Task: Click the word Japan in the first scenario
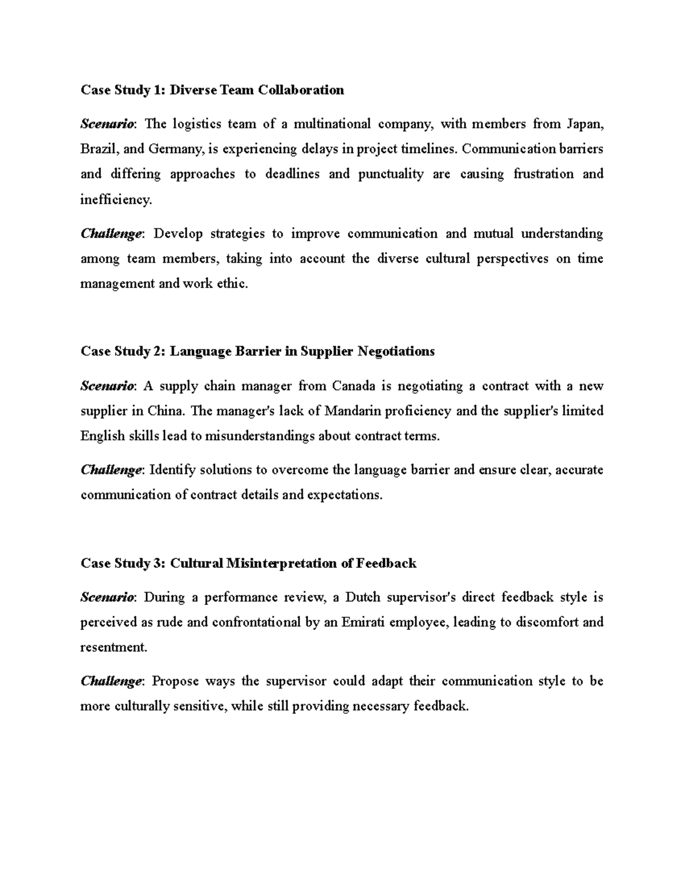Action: (x=585, y=124)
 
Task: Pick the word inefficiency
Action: (x=116, y=199)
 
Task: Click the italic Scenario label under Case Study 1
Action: (x=107, y=124)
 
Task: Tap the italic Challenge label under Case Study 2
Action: (x=111, y=470)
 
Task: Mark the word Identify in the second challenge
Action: (x=172, y=470)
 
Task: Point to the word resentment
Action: (x=113, y=647)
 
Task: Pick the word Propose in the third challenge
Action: (x=176, y=681)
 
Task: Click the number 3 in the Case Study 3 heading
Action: (x=158, y=563)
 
